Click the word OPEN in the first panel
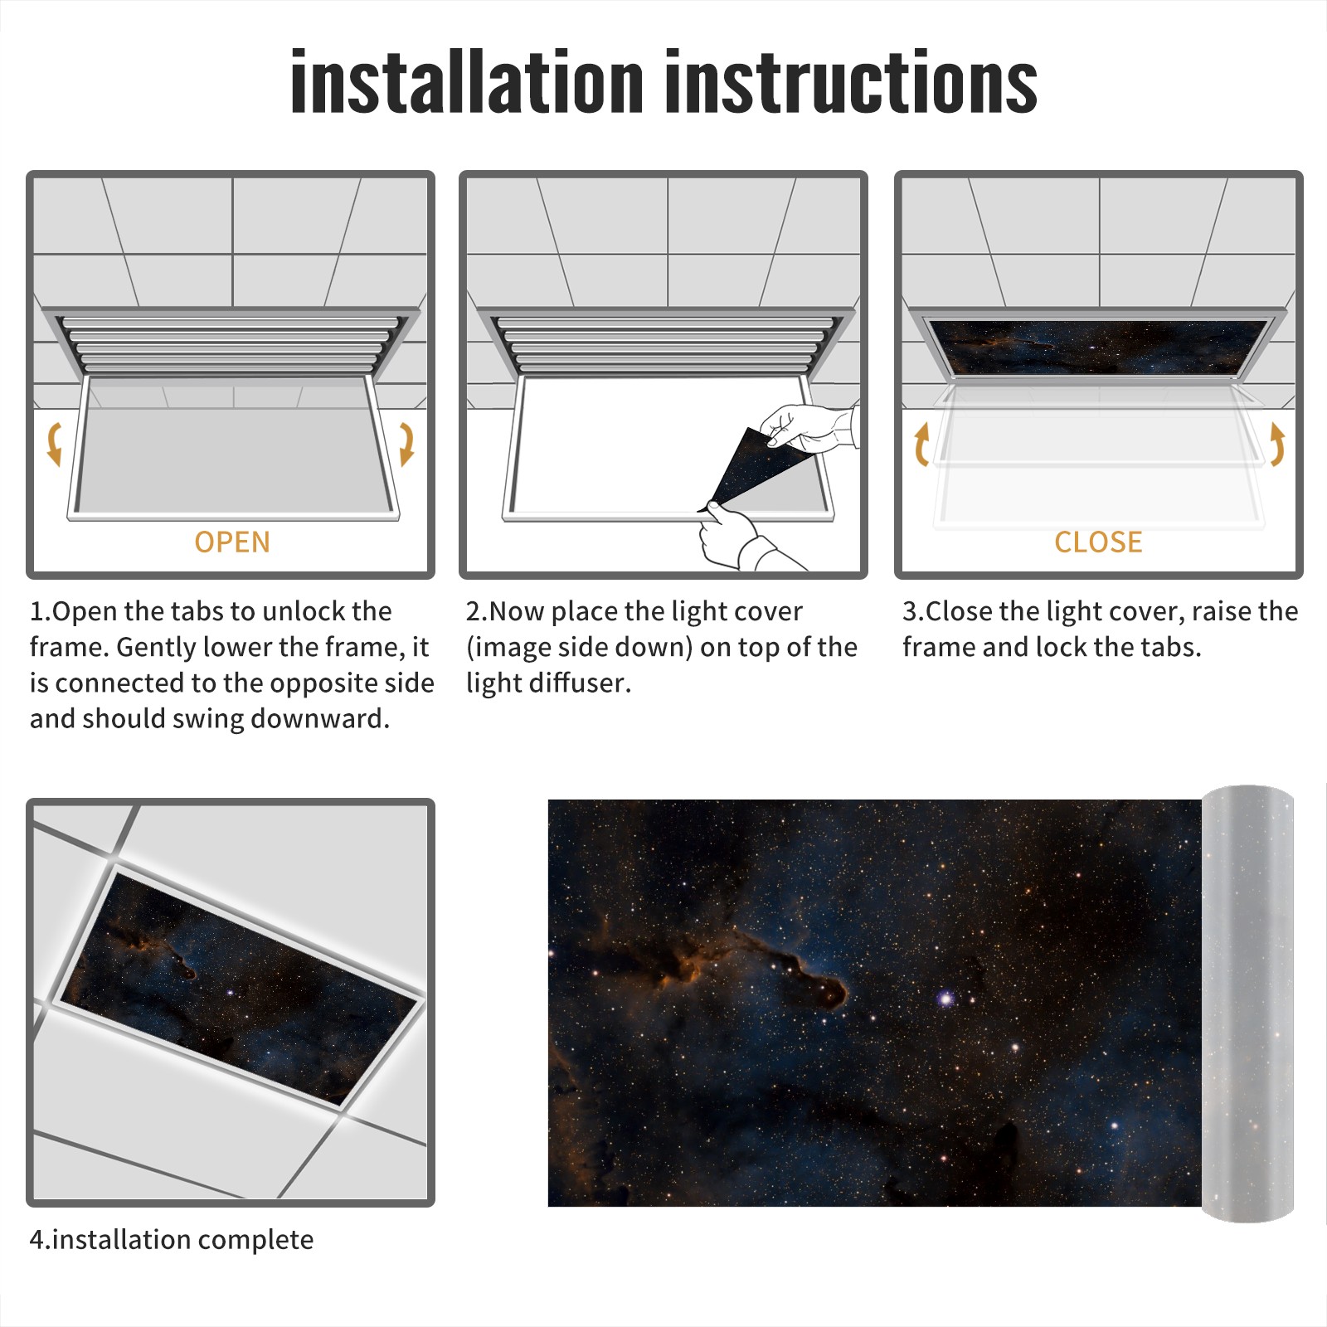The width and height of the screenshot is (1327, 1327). pos(232,542)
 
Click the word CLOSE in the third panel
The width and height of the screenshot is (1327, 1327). pos(1098,542)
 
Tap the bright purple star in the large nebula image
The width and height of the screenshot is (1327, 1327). pos(945,998)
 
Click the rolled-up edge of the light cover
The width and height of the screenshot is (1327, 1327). pos(1248,1003)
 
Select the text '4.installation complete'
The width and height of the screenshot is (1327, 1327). pos(172,1240)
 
